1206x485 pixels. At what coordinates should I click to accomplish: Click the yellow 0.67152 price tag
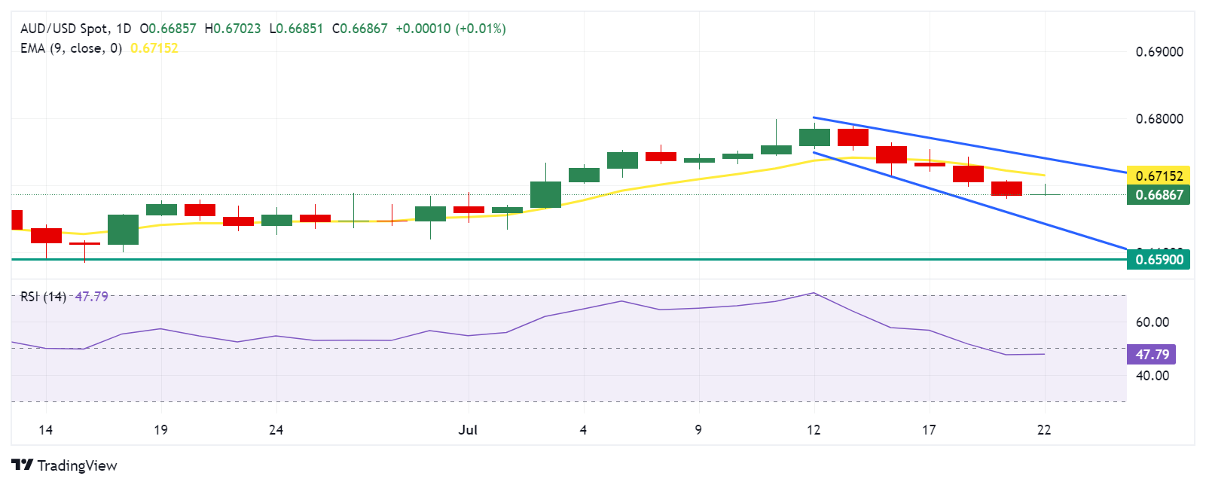coord(1159,175)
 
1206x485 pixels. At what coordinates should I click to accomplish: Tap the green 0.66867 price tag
coord(1159,195)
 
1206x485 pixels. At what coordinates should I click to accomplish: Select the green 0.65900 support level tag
coord(1159,260)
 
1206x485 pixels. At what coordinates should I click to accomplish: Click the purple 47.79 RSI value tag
coord(1152,354)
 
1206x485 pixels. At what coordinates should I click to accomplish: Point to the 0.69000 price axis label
coord(1159,52)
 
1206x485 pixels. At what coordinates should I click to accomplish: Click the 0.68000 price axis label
coord(1159,119)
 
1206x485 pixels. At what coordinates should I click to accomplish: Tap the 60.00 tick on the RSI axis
coord(1152,322)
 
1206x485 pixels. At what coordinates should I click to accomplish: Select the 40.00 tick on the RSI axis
coord(1152,376)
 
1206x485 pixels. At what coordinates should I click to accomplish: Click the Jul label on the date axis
coord(468,430)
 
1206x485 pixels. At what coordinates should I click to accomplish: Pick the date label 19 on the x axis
coord(160,430)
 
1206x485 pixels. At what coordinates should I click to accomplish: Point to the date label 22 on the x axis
coord(1044,430)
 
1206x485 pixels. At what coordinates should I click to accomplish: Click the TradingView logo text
coord(65,465)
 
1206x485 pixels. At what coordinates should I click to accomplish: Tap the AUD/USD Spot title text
coord(64,29)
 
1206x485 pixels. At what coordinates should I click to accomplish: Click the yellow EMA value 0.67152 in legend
coord(154,48)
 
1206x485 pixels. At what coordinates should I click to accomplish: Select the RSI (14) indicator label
coord(43,297)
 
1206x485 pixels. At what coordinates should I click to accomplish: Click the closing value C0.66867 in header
coord(359,29)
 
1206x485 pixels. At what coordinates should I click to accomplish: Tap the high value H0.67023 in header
coord(233,29)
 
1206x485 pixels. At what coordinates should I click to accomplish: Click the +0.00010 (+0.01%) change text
coord(450,29)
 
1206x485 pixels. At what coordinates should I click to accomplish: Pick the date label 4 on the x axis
coord(583,430)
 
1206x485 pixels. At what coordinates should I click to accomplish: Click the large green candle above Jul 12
coord(814,137)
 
